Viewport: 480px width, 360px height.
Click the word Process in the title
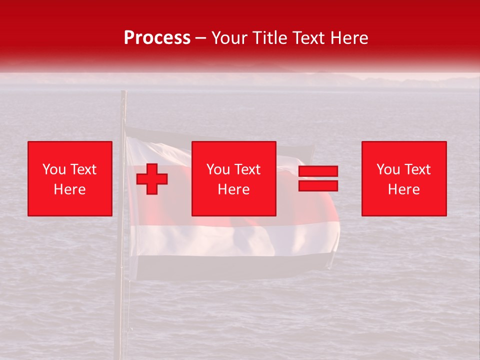click(157, 38)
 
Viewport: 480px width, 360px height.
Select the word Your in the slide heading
click(229, 38)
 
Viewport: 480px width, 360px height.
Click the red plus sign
click(152, 178)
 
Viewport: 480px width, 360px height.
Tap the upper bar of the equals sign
click(318, 171)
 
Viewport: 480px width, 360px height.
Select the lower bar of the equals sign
click(318, 185)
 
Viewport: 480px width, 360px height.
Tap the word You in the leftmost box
click(53, 169)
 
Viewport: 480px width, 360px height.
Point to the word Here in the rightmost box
click(403, 189)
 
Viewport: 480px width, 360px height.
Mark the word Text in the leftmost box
click(83, 169)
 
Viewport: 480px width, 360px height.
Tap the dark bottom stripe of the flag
click(225, 267)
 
